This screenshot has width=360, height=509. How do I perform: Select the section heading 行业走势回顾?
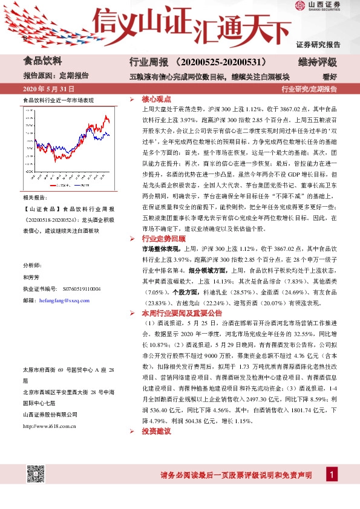tap(162, 239)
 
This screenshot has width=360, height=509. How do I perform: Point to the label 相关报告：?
tap(34, 198)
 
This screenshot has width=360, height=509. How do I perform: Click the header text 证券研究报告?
tap(318, 44)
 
